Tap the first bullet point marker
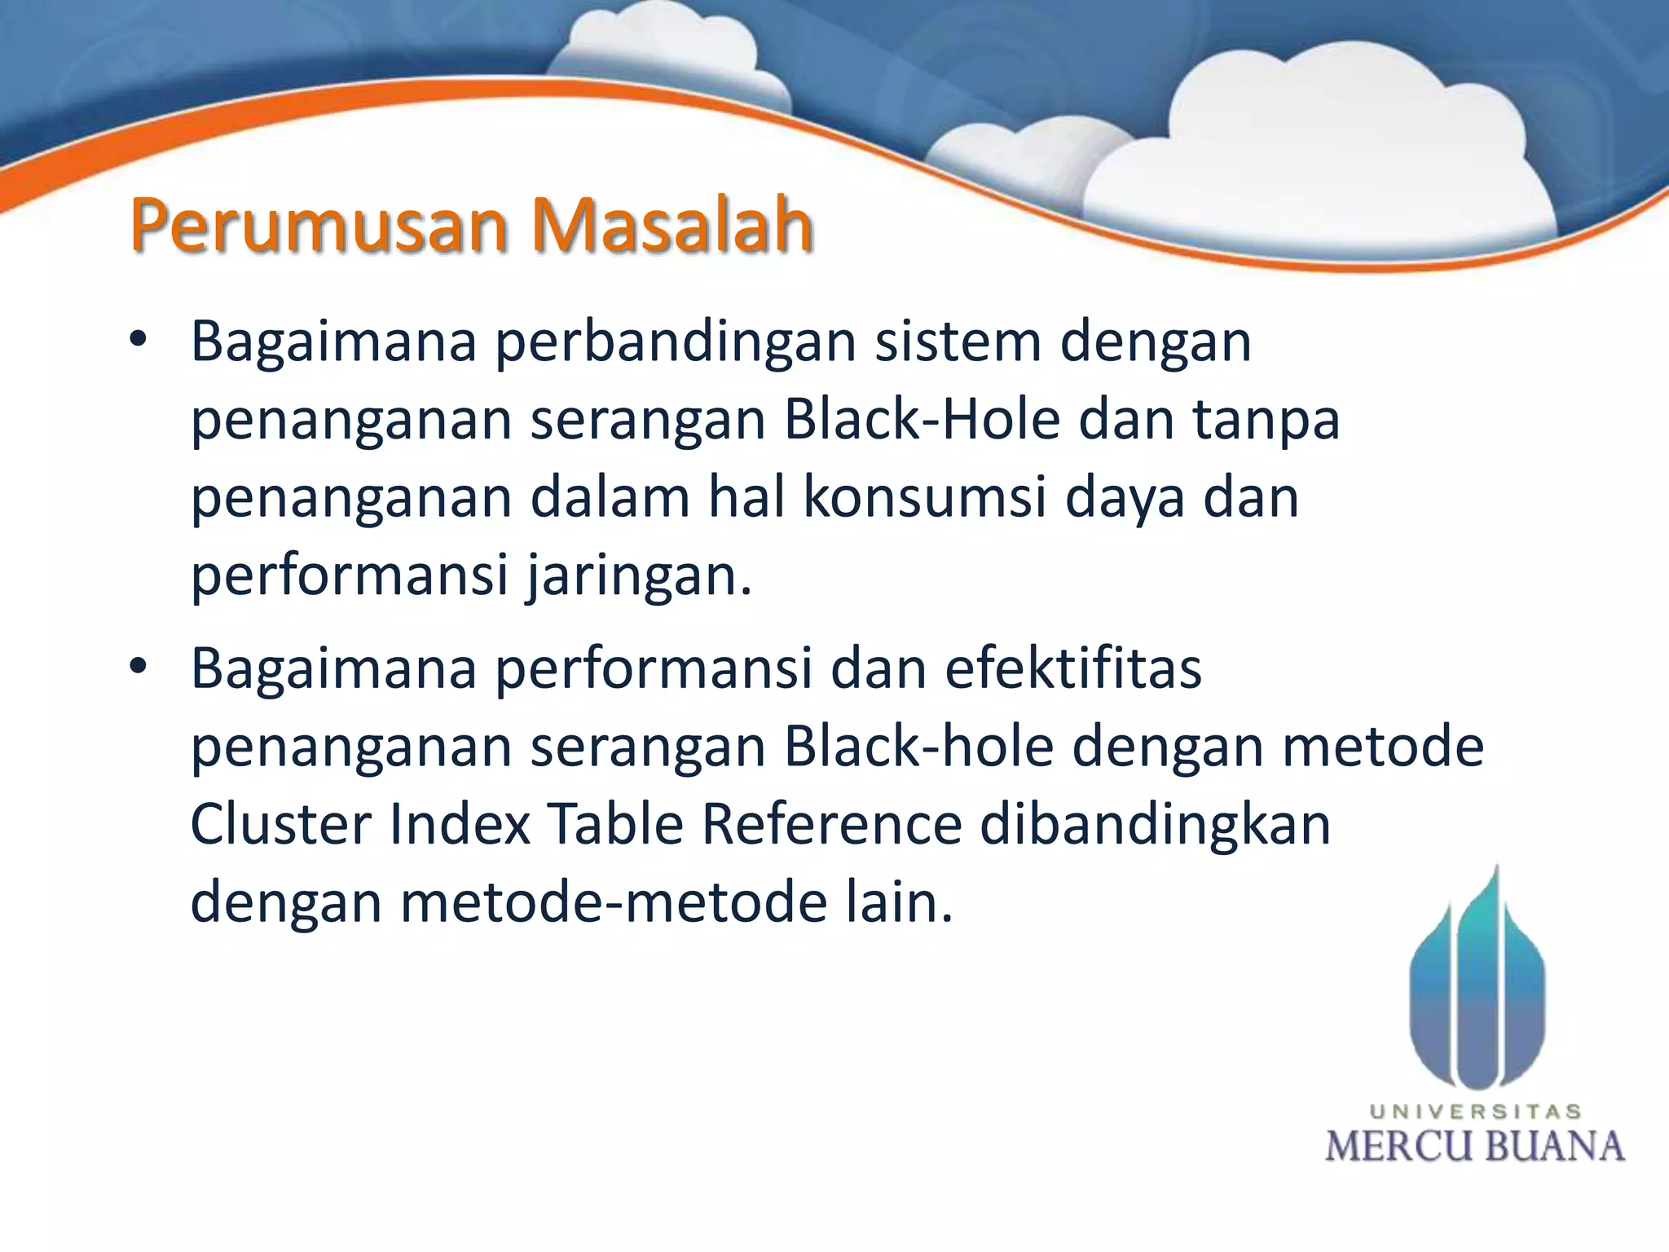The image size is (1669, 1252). click(138, 340)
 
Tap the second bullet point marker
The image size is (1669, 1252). click(138, 668)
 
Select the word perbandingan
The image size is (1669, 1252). click(676, 342)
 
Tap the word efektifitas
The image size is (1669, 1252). click(1073, 668)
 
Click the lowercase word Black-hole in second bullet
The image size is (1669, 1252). click(918, 747)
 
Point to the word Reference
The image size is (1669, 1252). click(831, 824)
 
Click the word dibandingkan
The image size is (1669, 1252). click(1155, 824)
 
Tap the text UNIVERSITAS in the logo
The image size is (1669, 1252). click(1475, 1112)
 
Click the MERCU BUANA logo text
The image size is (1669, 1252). click(1475, 1146)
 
